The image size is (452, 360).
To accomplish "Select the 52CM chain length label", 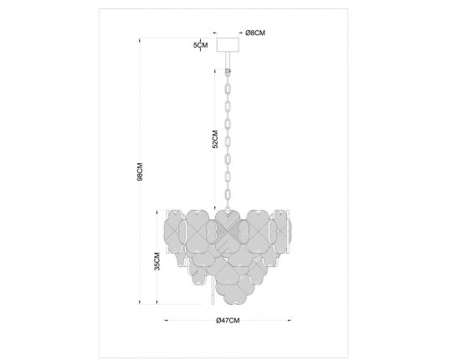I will tap(215, 138).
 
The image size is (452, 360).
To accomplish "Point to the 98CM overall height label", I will tap(142, 172).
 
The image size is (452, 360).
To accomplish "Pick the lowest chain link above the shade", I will tap(227, 198).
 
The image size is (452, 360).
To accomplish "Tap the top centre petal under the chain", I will tap(227, 224).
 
